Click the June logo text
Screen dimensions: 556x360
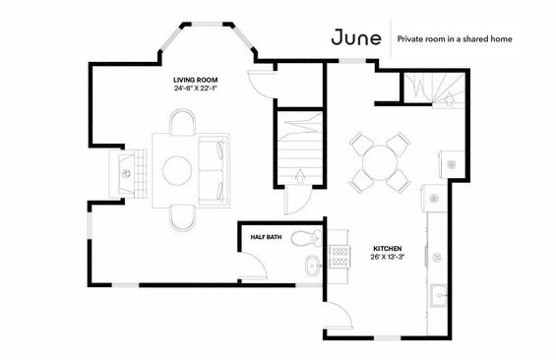point(356,37)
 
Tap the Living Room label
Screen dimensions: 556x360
point(196,80)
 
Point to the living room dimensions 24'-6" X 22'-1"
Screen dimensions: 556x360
point(196,89)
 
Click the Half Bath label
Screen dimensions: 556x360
point(266,237)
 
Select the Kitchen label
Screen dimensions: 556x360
point(388,249)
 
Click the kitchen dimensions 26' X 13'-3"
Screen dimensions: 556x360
point(388,257)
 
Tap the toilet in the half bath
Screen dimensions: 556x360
point(306,237)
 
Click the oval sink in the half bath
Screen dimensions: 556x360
point(313,265)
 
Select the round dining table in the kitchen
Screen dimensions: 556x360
point(380,163)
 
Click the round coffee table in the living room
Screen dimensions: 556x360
point(177,170)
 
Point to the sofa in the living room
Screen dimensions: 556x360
point(214,170)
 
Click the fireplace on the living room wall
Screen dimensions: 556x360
point(128,174)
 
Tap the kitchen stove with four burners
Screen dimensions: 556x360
point(340,257)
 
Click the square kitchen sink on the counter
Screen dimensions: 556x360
point(439,295)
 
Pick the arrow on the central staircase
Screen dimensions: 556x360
point(300,176)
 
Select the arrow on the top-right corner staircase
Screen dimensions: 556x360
point(450,99)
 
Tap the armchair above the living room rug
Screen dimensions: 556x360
point(182,122)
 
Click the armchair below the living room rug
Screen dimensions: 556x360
point(182,218)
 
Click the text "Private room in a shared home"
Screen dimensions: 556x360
point(455,38)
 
